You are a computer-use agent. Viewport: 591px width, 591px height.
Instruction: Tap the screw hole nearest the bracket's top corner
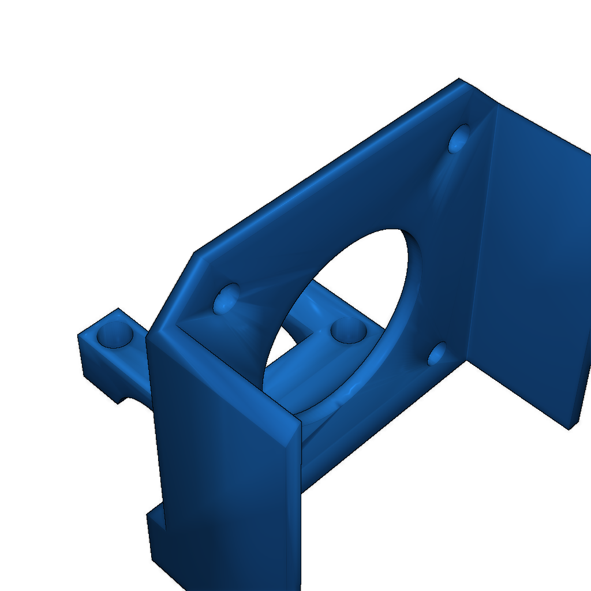click(459, 139)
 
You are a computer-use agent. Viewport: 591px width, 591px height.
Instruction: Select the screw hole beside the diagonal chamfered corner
click(226, 298)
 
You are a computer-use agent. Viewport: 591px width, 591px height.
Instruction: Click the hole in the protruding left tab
click(115, 334)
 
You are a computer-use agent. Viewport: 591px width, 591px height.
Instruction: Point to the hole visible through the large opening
click(349, 330)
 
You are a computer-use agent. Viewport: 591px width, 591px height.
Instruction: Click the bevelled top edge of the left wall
click(225, 375)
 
